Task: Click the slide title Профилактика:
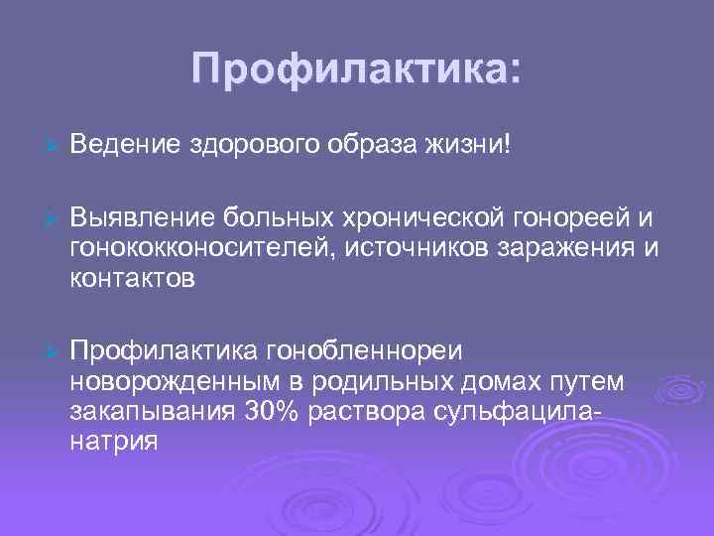pyautogui.click(x=356, y=69)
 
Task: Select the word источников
pyautogui.click(x=418, y=247)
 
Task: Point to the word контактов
pyautogui.click(x=133, y=279)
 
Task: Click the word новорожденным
pyautogui.click(x=169, y=382)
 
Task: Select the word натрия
pyautogui.click(x=113, y=443)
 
